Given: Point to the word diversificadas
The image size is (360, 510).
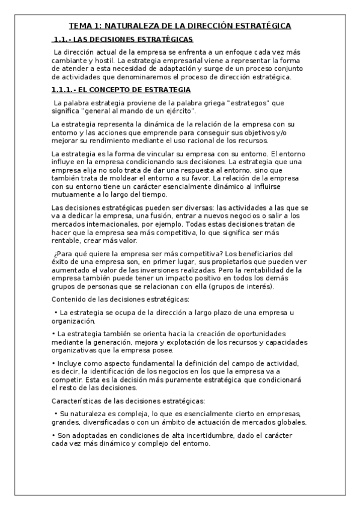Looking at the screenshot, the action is pyautogui.click(x=104, y=422).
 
